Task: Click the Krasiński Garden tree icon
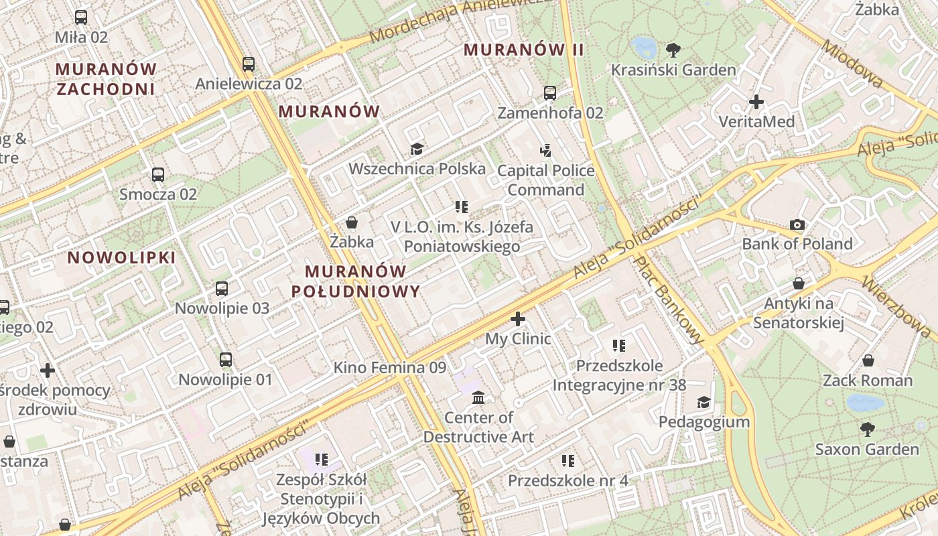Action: (x=673, y=50)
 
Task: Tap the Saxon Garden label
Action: (x=867, y=449)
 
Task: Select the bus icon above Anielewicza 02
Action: (x=249, y=64)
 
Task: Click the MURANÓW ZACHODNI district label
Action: (x=106, y=79)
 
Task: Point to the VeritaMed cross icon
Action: (x=756, y=102)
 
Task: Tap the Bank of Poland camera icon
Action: (x=797, y=224)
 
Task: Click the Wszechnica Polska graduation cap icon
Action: (x=417, y=149)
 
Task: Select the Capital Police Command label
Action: (x=545, y=180)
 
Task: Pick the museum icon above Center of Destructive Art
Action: (x=478, y=398)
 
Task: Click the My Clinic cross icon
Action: (x=518, y=319)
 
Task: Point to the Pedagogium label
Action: (x=703, y=422)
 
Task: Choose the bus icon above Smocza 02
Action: (x=158, y=175)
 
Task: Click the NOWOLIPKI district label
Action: (x=121, y=258)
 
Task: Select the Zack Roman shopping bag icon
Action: (x=868, y=361)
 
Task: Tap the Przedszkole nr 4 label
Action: (x=567, y=481)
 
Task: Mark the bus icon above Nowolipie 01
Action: (x=226, y=360)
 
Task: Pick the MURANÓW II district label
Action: (x=523, y=50)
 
